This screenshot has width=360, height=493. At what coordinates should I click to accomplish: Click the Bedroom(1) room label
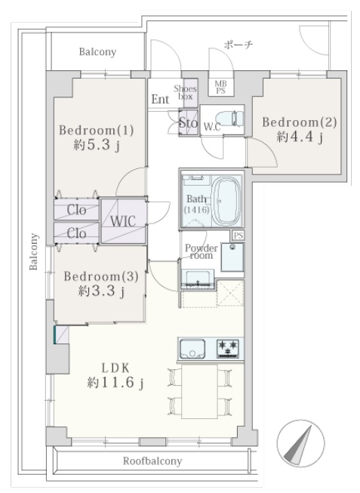[96, 130]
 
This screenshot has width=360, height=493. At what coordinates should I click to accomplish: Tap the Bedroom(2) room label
[300, 122]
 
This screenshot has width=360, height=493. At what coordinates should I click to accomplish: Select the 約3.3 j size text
[102, 291]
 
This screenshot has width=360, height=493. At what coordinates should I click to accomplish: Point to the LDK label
[115, 368]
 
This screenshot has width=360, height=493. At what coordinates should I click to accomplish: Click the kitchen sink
[192, 348]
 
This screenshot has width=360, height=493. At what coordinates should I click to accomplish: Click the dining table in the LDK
[200, 391]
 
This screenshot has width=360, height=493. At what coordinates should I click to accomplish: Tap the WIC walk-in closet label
[123, 221]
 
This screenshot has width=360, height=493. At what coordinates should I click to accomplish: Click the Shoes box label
[185, 92]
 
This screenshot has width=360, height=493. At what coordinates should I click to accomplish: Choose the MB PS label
[220, 87]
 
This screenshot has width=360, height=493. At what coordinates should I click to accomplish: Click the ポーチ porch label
[238, 45]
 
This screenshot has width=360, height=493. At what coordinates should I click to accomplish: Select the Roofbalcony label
[152, 461]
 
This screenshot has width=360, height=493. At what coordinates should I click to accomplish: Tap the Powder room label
[202, 251]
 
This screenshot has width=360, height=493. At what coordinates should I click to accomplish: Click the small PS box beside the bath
[238, 236]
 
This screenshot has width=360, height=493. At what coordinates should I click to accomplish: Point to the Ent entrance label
[160, 100]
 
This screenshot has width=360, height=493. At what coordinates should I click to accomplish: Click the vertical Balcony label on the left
[33, 251]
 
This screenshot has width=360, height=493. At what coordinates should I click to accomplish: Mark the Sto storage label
[189, 122]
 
